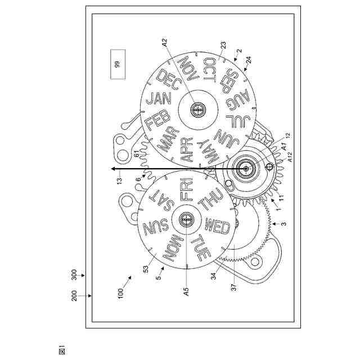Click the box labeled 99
118,64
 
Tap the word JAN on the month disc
159,99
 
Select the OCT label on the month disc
209,70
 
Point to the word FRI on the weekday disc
186,189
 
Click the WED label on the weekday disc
217,226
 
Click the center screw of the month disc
198,110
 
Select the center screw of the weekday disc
186,219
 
